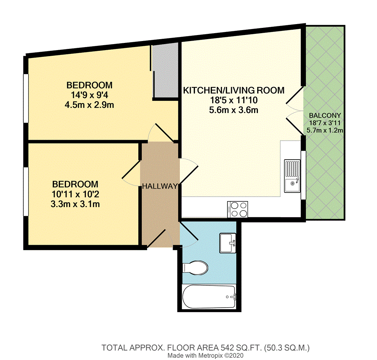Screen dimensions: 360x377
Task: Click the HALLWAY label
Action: pos(159,186)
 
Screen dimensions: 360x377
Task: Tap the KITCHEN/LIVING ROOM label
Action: pos(233,91)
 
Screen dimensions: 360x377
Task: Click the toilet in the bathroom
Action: pos(195,268)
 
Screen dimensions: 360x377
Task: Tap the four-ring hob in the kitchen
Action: pos(238,209)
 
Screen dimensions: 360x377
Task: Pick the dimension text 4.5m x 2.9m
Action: pos(89,105)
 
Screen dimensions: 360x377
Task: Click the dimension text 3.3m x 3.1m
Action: pos(75,204)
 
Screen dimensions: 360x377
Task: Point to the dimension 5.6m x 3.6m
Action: pos(233,110)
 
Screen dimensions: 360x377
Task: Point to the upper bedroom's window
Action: pos(26,98)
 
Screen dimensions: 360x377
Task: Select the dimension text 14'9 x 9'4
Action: pos(89,95)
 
